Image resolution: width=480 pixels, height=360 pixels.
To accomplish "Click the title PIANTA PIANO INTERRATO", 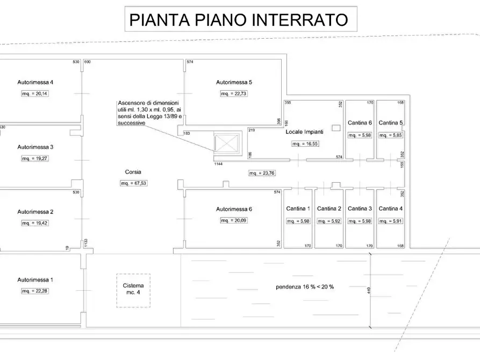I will pyautogui.click(x=238, y=19).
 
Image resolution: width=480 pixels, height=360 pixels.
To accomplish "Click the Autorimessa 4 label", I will pyautogui.click(x=35, y=83).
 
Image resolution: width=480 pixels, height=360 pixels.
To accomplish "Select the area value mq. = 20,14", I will pyautogui.click(x=35, y=93).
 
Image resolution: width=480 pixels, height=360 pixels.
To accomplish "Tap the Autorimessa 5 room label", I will pyautogui.click(x=234, y=83).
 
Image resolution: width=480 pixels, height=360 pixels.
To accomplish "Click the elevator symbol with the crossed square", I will pyautogui.click(x=226, y=143).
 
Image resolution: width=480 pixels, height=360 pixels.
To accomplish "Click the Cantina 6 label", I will pyautogui.click(x=360, y=123).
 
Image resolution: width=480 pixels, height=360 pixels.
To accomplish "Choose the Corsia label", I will pyautogui.click(x=133, y=172).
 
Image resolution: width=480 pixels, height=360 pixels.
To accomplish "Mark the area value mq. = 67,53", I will pyautogui.click(x=133, y=183).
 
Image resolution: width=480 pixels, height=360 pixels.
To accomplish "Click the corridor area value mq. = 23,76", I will pyautogui.click(x=262, y=173).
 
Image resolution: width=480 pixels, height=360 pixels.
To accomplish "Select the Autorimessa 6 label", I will pyautogui.click(x=234, y=209).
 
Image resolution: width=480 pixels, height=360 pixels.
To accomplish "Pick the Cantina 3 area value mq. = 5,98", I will pyautogui.click(x=360, y=221).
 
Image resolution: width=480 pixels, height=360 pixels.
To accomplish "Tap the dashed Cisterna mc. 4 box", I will pyautogui.click(x=133, y=291).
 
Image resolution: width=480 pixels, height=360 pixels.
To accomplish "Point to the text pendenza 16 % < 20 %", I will pyautogui.click(x=304, y=286).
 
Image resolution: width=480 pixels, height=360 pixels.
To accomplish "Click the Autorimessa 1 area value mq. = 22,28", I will pyautogui.click(x=35, y=291).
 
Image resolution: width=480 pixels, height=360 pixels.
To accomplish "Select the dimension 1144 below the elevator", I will pyautogui.click(x=219, y=164).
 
